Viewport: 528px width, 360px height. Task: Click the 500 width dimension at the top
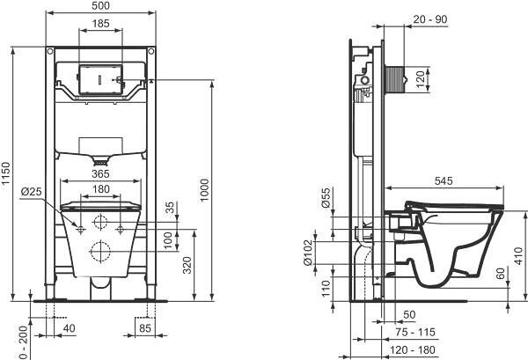(x=100, y=6)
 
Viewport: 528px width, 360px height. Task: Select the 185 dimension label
(x=100, y=24)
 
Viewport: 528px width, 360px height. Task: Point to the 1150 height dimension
(x=6, y=173)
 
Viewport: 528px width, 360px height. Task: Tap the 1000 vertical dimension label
(x=204, y=190)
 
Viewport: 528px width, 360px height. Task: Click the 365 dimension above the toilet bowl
(x=100, y=173)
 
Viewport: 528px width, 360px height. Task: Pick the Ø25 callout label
(x=32, y=192)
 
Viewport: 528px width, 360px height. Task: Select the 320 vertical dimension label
(x=187, y=265)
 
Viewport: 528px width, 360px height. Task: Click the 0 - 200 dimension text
(x=24, y=342)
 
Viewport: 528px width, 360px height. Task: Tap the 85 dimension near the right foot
(x=145, y=327)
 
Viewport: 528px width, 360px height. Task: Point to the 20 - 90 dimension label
(x=430, y=19)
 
